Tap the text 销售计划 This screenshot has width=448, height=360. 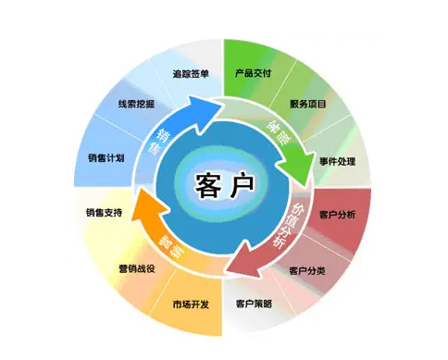pyautogui.click(x=105, y=158)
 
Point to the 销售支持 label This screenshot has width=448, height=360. pyautogui.click(x=104, y=214)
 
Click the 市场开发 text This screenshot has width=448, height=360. pyautogui.click(x=190, y=304)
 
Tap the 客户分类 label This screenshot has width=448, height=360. pyautogui.click(x=306, y=270)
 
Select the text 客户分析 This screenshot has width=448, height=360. pyautogui.click(x=338, y=215)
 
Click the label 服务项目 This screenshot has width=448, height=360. pyautogui.click(x=308, y=104)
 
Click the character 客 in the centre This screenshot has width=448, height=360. pyautogui.click(x=209, y=184)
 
